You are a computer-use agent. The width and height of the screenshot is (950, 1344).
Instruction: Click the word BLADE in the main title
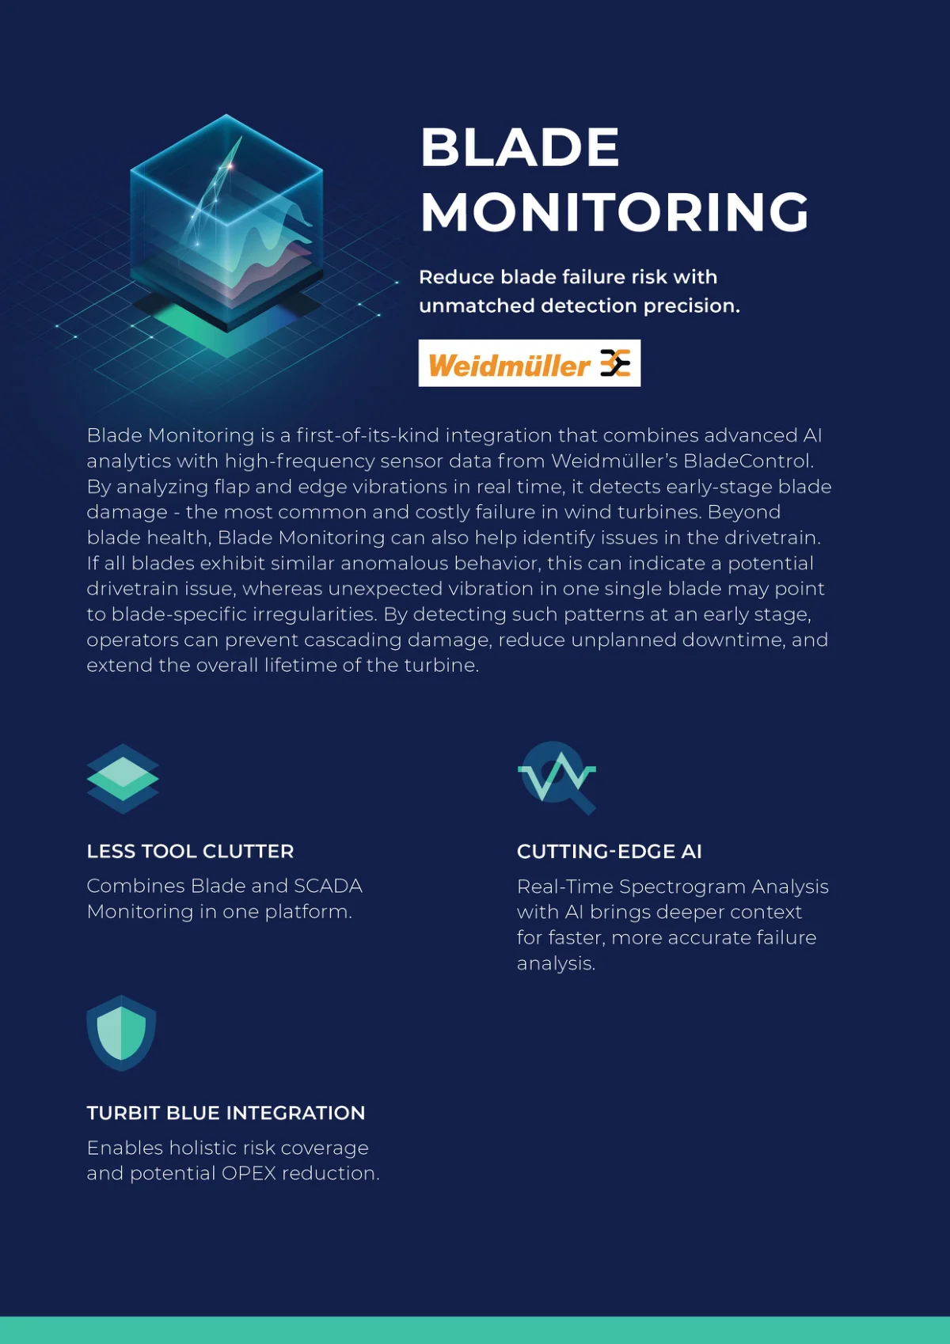tap(519, 147)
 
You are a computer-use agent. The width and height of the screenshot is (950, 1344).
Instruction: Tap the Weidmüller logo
tap(530, 363)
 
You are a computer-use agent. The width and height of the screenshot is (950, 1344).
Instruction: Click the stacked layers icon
tap(123, 779)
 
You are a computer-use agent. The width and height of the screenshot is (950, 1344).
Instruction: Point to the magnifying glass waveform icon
tap(557, 778)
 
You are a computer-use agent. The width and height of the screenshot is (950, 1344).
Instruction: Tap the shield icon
tap(121, 1033)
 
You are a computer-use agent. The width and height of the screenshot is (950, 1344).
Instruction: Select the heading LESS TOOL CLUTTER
tap(190, 852)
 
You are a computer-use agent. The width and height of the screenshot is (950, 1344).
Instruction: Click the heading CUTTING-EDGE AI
tap(609, 852)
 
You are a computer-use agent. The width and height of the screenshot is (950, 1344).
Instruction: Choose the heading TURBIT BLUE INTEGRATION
tap(226, 1113)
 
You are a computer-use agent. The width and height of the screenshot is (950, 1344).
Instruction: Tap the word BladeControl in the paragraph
tap(748, 461)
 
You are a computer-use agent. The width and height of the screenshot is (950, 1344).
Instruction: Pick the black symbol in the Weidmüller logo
tap(616, 363)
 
